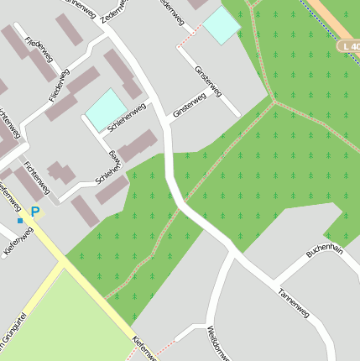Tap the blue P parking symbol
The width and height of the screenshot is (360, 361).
35,212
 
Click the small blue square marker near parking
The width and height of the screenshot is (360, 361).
20,220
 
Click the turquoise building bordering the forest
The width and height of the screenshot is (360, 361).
222,25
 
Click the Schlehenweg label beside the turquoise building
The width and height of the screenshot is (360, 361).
127,117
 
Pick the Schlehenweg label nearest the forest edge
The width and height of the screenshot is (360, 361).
110,168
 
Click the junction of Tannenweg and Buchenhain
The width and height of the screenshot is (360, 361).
274,281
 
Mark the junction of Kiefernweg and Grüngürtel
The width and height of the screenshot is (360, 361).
60,262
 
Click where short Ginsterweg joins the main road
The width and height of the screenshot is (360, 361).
169,124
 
